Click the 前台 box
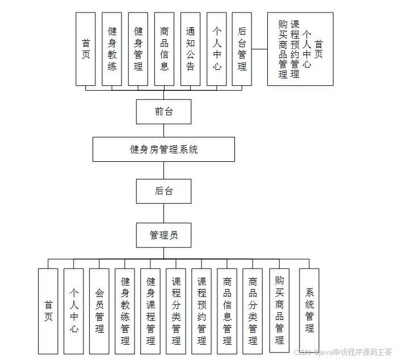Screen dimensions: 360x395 pos(163,111)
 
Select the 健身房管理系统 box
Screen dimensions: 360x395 pos(163,150)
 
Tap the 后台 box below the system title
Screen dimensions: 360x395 pos(163,191)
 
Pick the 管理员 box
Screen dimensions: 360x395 pos(163,235)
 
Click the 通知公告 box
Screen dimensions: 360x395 pos(190,49)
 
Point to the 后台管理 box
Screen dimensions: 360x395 pos(242,49)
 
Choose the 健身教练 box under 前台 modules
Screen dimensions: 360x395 pos(112,49)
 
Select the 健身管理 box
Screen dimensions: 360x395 pos(138,49)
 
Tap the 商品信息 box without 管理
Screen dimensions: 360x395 pos(164,49)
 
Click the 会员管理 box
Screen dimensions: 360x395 pos(99,311)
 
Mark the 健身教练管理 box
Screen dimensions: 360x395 pos(125,311)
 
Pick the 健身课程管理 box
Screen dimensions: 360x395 pos(150,311)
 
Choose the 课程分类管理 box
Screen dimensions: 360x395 pos(176,311)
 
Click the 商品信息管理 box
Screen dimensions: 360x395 pos(227,311)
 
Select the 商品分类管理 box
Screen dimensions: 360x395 pos(253,311)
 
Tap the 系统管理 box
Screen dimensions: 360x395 pos(309,311)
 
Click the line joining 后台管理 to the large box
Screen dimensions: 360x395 pos(259,49)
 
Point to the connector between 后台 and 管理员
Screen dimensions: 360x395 pos(163,213)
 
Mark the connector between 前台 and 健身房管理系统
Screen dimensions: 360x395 pos(163,131)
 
